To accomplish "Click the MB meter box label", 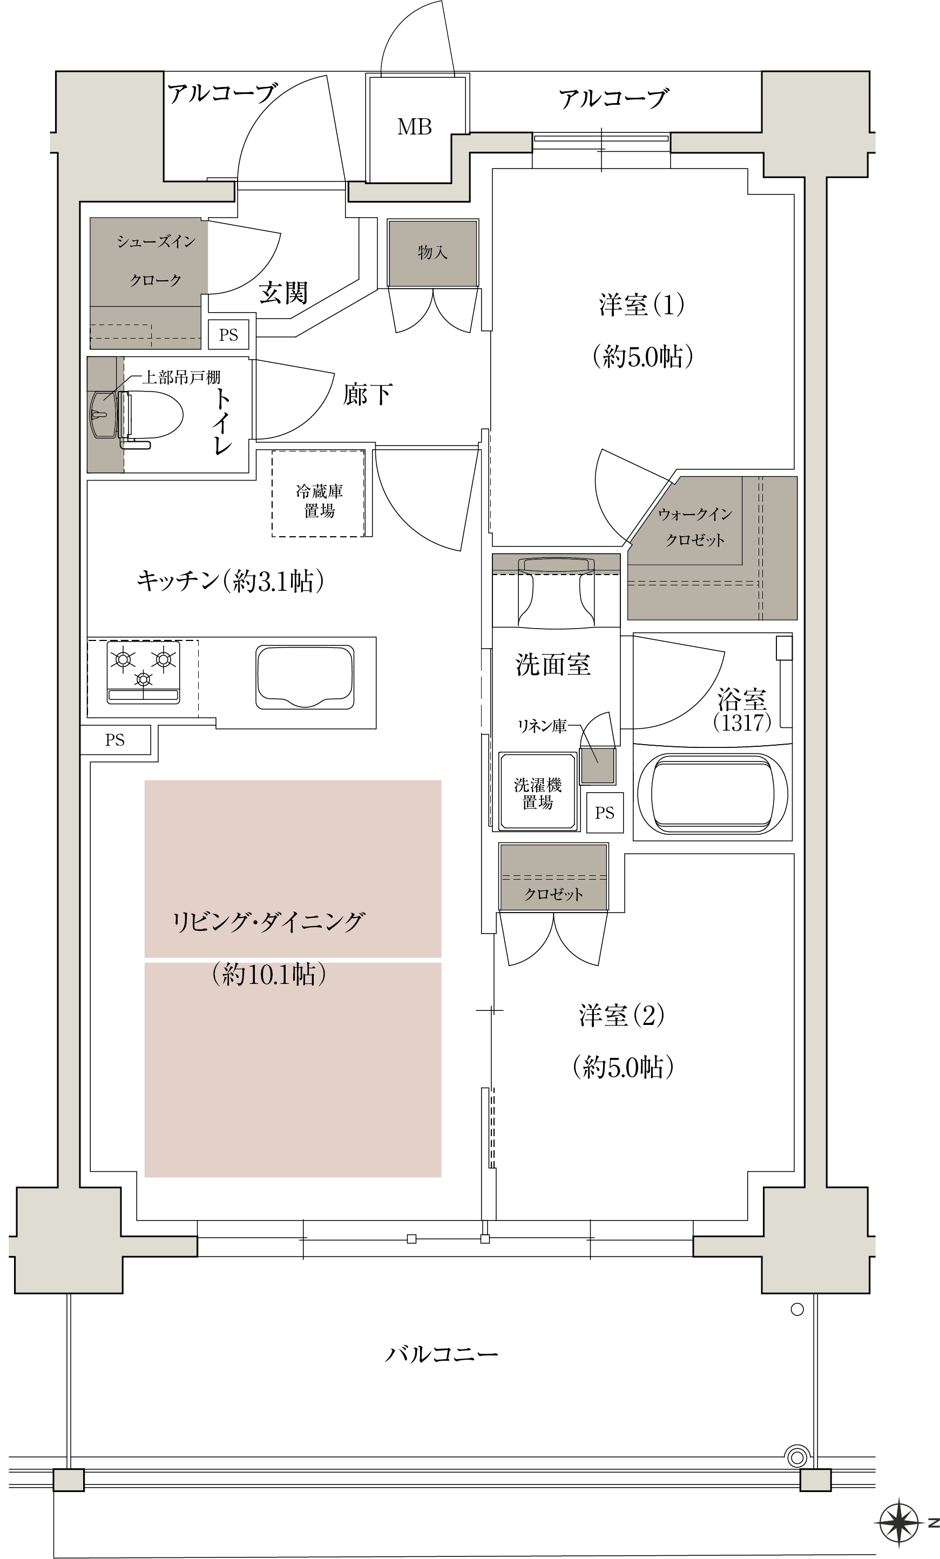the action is [414, 127].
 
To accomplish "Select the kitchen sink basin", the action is [305, 677].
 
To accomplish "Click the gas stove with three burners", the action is [144, 672].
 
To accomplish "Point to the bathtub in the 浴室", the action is [713, 792].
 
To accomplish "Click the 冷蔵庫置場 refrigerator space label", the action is [320, 501].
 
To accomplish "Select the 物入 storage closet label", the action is [432, 252].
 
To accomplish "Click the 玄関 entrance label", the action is [283, 293].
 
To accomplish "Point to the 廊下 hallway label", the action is [368, 395].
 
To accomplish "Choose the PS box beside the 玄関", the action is [228, 335].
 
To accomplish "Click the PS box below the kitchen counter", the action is [115, 740].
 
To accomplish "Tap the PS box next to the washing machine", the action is [605, 812].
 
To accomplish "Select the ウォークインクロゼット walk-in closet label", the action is [694, 527].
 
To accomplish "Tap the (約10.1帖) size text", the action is [269, 974].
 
